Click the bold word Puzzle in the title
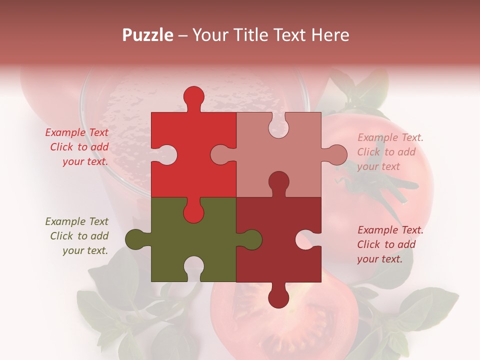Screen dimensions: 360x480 [148, 35]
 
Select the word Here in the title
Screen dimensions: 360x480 [330, 35]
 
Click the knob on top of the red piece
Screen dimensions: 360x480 [193, 97]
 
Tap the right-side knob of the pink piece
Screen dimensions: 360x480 [335, 154]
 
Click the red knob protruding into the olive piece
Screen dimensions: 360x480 [193, 211]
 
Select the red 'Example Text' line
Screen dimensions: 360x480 [77, 132]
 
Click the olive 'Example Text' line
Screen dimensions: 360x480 [77, 221]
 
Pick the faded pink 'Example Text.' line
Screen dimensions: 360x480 [390, 137]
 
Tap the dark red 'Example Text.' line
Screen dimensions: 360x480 [390, 230]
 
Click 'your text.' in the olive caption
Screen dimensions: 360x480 [85, 250]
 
